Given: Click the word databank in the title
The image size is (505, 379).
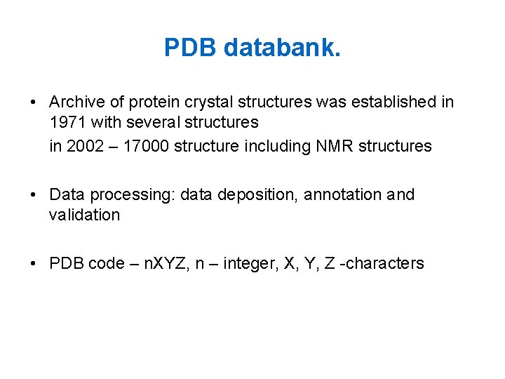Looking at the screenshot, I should tap(283, 48).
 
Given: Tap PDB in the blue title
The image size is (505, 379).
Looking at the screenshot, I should tap(191, 48).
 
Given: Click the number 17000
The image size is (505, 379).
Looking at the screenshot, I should tap(145, 146).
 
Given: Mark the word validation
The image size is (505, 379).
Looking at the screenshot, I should tap(84, 215).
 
